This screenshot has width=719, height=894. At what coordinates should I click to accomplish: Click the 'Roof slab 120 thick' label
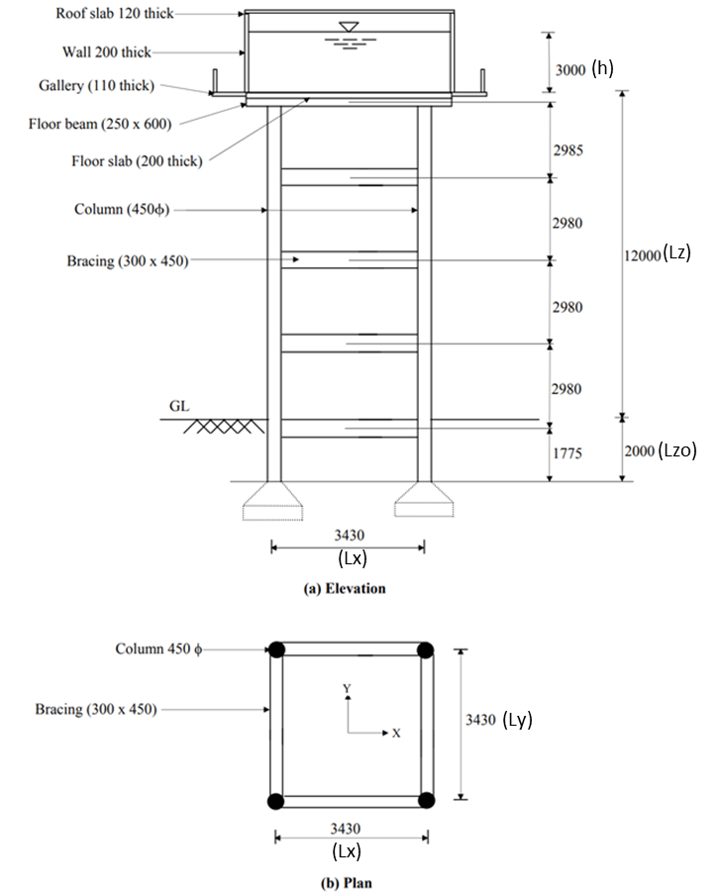click(x=114, y=15)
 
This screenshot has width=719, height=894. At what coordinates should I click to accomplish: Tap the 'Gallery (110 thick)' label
click(x=96, y=86)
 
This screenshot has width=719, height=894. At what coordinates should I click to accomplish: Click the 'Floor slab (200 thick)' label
click(x=137, y=161)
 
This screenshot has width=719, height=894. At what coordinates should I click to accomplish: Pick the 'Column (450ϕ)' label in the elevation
click(x=119, y=210)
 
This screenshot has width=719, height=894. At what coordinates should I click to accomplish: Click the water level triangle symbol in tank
click(x=347, y=26)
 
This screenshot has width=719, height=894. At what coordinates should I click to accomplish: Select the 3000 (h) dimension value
click(x=584, y=70)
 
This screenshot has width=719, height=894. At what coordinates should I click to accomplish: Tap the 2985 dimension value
click(x=567, y=150)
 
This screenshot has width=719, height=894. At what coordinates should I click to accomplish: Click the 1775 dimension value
click(x=567, y=452)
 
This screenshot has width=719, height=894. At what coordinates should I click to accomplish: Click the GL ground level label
click(x=179, y=406)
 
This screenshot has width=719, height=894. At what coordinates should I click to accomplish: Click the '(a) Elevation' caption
click(x=345, y=588)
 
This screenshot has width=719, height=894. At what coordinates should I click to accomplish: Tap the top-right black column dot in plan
click(x=425, y=650)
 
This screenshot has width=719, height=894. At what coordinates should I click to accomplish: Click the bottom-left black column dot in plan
click(x=276, y=801)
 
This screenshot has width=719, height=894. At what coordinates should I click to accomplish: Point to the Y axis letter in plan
click(x=347, y=687)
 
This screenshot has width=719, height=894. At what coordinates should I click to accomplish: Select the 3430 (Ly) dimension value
click(x=499, y=720)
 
